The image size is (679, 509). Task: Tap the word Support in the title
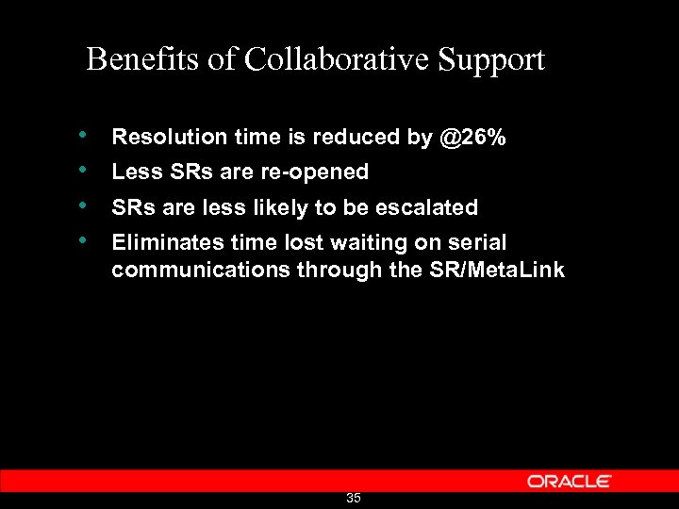[x=491, y=60]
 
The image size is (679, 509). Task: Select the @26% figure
[x=472, y=138]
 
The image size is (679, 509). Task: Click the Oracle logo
[x=570, y=481]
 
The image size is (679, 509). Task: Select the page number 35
[x=354, y=498]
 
